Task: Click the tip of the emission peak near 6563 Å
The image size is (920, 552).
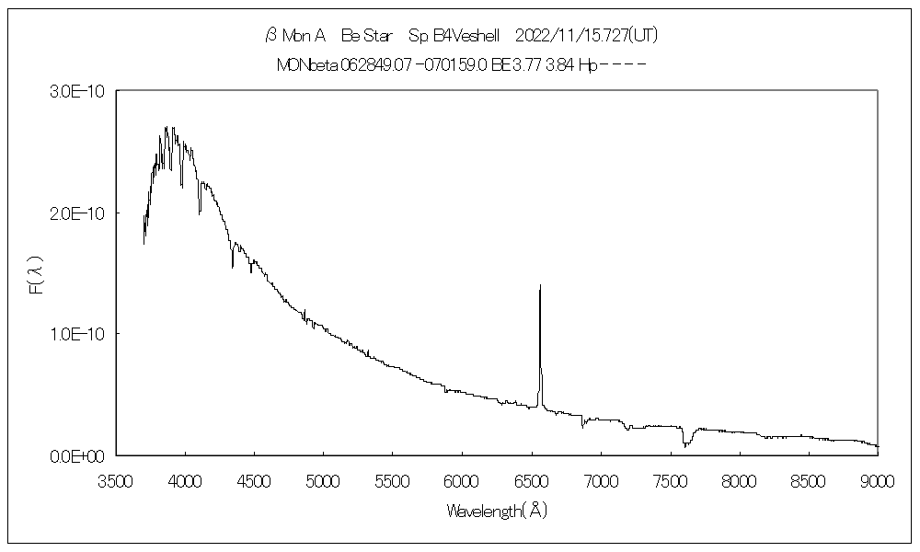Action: pyautogui.click(x=540, y=286)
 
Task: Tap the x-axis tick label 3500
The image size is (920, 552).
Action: pyautogui.click(x=115, y=479)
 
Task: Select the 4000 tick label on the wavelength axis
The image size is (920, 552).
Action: pyautogui.click(x=185, y=479)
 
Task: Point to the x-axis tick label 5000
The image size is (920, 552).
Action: pyautogui.click(x=323, y=479)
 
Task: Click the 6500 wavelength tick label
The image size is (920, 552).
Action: pyautogui.click(x=531, y=479)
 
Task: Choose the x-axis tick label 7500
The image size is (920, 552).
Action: pyautogui.click(x=670, y=479)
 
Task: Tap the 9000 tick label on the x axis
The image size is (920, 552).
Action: pyautogui.click(x=878, y=479)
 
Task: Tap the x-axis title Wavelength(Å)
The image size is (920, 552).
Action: pyautogui.click(x=497, y=511)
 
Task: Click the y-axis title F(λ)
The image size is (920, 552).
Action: pyautogui.click(x=36, y=274)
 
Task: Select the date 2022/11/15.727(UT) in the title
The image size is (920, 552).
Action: pyautogui.click(x=586, y=36)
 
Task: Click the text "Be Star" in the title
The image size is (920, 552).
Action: pyautogui.click(x=366, y=36)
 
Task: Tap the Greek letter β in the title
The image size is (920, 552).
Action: pyautogui.click(x=270, y=36)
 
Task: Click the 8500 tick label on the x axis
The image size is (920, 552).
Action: pyautogui.click(x=809, y=479)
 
